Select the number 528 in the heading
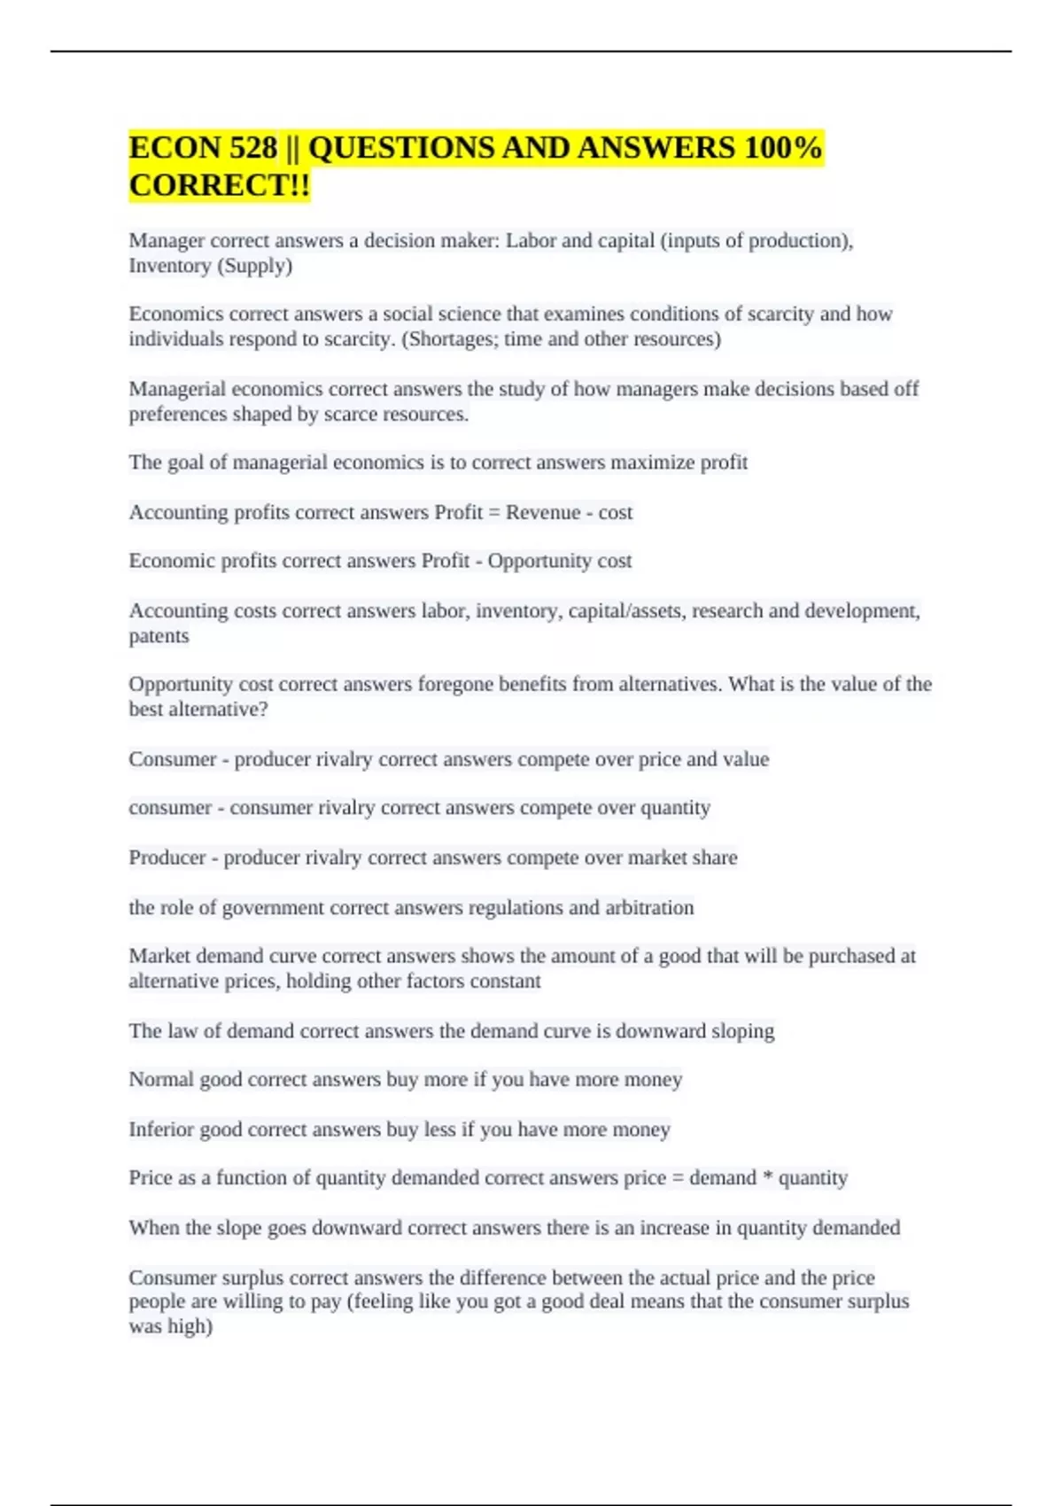click(252, 147)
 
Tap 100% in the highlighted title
click(783, 147)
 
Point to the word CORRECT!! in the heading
click(220, 185)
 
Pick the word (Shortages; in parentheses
click(449, 338)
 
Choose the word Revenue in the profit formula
click(543, 512)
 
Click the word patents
click(159, 636)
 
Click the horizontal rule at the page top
click(531, 51)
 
